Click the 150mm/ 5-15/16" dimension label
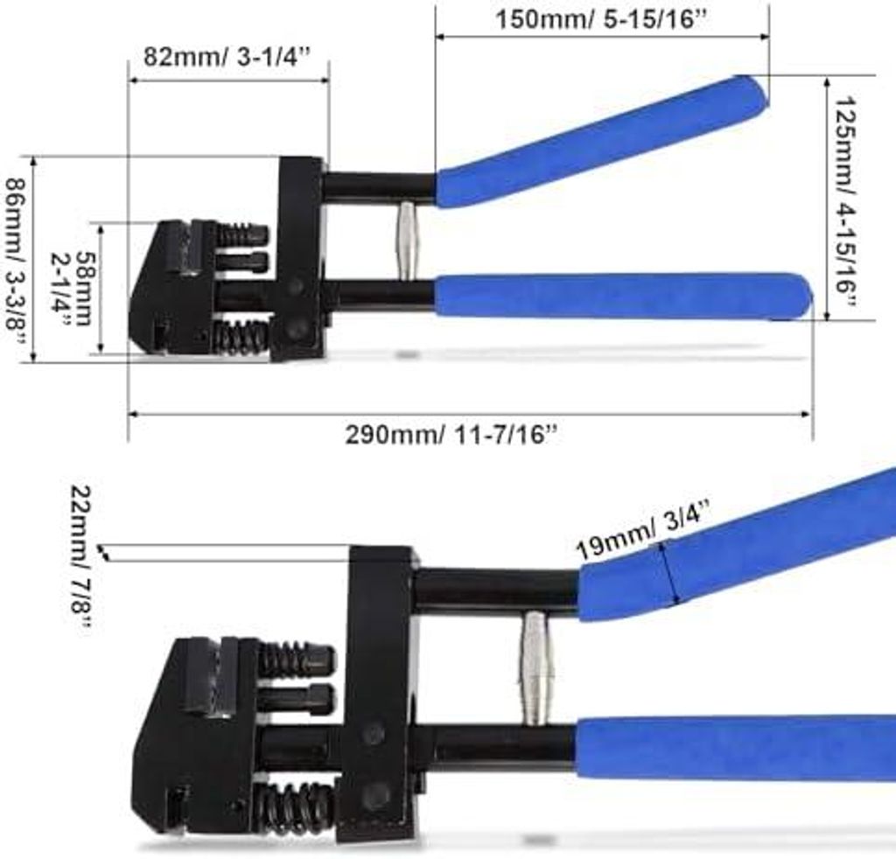(x=601, y=19)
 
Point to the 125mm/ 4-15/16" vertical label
(x=845, y=202)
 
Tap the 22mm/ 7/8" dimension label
(x=80, y=557)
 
